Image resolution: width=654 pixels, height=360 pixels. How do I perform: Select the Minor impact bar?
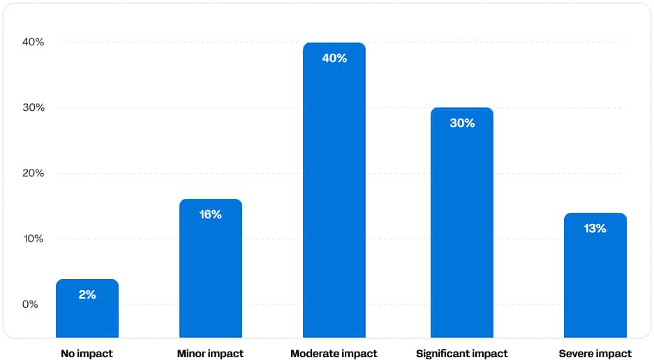(x=211, y=272)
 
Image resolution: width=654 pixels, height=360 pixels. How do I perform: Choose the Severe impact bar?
(x=595, y=279)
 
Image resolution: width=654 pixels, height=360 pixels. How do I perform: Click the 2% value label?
(x=87, y=294)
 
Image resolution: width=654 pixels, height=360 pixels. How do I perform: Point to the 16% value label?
(x=211, y=214)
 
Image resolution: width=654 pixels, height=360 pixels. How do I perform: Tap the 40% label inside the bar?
(x=334, y=58)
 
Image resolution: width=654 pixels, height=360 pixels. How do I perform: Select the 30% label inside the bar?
(x=462, y=123)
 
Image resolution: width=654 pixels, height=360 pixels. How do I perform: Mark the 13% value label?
(x=595, y=228)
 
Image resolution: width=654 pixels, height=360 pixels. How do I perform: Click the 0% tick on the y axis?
(x=30, y=304)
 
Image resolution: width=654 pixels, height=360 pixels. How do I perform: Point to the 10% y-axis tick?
(x=33, y=239)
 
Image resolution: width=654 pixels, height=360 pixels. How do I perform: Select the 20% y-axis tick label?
(x=33, y=173)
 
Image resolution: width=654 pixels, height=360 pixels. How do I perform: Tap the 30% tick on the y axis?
(x=33, y=107)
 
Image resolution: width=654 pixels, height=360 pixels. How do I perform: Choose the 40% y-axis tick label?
(x=33, y=42)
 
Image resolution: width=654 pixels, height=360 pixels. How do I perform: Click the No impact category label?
(x=87, y=354)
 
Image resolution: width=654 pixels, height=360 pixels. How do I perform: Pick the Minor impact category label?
(x=211, y=354)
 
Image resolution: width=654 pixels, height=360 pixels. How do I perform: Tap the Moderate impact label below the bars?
(x=334, y=354)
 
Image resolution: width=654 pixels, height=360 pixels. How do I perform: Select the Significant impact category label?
(x=462, y=354)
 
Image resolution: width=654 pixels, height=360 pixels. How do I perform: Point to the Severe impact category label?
(x=595, y=354)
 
